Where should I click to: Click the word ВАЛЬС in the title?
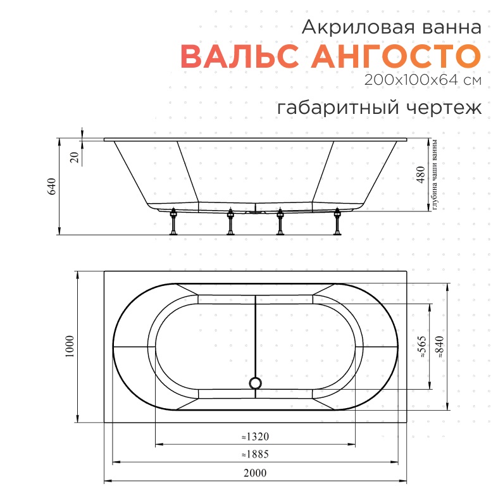[240, 56]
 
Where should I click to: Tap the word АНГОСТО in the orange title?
[395, 56]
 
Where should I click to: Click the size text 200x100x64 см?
[423, 80]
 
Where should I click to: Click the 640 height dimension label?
[52, 187]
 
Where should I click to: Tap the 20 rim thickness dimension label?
[74, 157]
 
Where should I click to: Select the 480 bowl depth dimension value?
[420, 175]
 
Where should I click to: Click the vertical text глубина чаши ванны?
[435, 175]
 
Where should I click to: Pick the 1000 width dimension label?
[69, 347]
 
